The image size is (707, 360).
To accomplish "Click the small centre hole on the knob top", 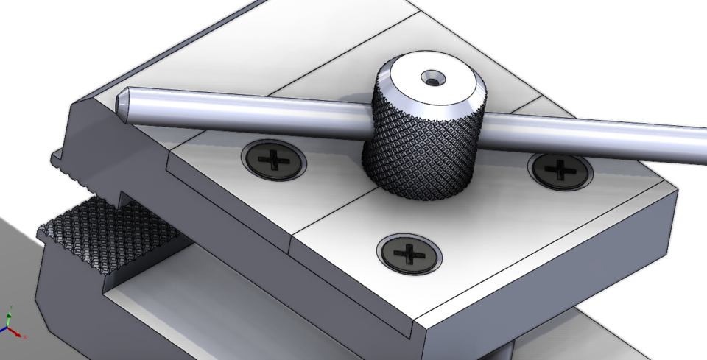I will coord(429,77).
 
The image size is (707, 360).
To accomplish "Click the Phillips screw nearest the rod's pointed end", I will coord(273,158).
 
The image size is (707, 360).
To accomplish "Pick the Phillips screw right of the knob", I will coord(560,171).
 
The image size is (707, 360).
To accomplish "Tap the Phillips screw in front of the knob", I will coord(408,254).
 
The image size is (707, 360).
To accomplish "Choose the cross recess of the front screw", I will coord(407,255).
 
